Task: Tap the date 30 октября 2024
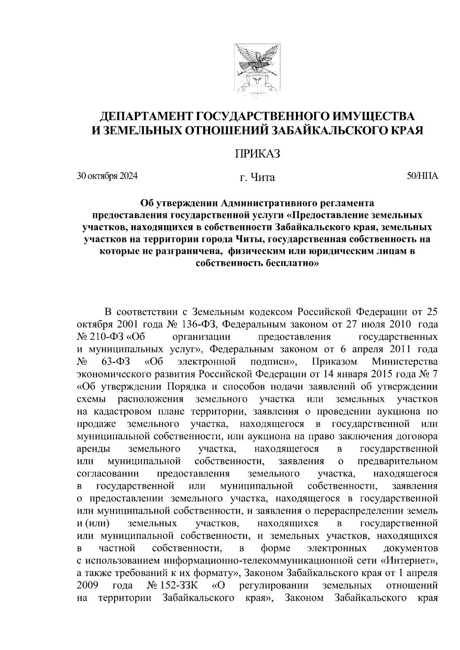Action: (107, 176)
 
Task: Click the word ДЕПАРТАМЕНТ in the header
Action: (148, 116)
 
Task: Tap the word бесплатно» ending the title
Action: (284, 264)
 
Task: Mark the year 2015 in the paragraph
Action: (372, 374)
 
